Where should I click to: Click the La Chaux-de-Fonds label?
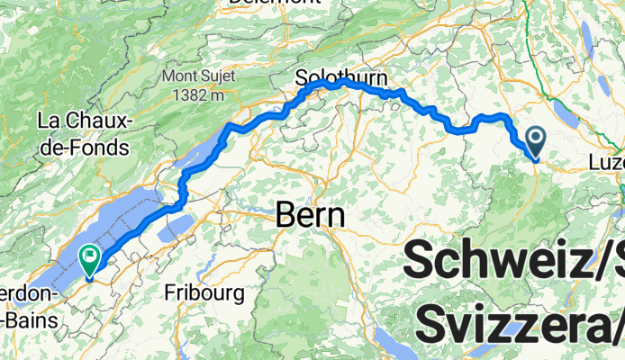point(84,132)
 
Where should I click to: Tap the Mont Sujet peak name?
point(200,76)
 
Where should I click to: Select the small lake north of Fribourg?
point(175,224)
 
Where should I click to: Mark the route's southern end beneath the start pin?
point(535,160)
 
